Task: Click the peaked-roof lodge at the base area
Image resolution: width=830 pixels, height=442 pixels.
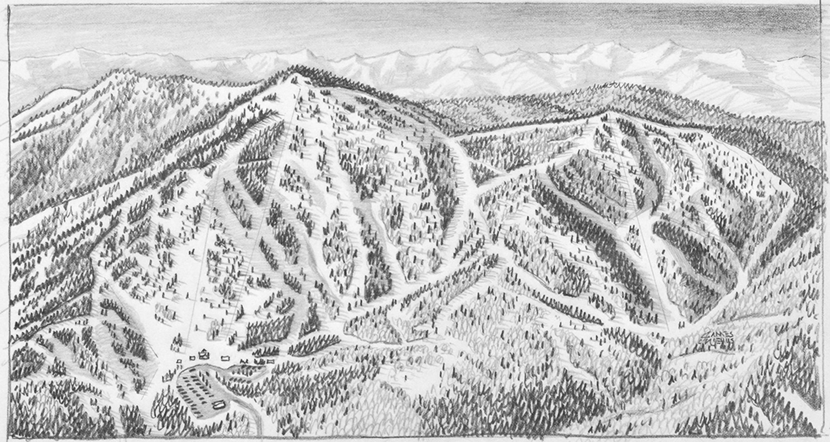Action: (204, 354)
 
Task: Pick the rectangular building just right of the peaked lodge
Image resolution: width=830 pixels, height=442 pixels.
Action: (226, 358)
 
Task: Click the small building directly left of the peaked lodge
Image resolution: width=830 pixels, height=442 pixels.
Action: (192, 358)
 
